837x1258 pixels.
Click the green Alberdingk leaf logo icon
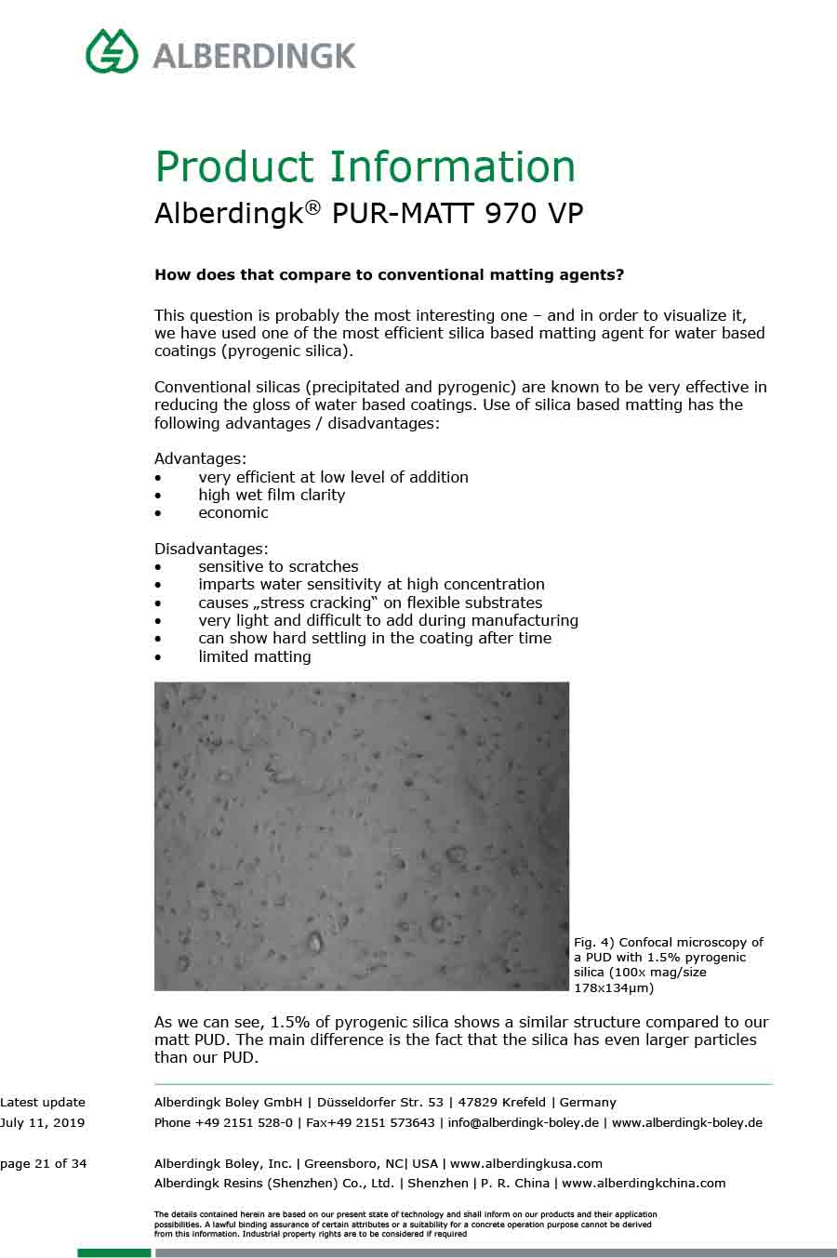click(112, 51)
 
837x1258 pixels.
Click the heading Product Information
click(365, 167)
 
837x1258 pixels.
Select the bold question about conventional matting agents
click(389, 275)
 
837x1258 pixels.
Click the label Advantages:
click(200, 458)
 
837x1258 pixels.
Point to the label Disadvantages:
click(211, 549)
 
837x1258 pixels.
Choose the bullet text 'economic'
click(232, 512)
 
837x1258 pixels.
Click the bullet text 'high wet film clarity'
click(271, 495)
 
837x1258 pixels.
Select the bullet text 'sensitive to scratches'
click(278, 566)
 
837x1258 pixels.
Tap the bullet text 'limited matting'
click(254, 656)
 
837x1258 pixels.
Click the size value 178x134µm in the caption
click(613, 987)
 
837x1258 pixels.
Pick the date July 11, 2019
click(42, 1122)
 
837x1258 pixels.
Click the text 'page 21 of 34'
click(44, 1163)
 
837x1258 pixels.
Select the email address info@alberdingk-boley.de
click(523, 1122)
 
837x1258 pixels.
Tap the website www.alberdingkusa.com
click(525, 1163)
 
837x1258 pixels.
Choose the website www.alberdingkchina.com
click(644, 1184)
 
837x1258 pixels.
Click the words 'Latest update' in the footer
click(43, 1102)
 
